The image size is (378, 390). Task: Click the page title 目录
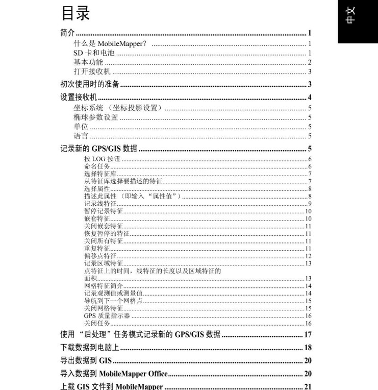[75, 14]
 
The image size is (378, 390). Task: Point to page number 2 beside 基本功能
[310, 62]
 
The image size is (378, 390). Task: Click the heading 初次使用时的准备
[90, 84]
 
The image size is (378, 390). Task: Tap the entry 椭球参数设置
[96, 117]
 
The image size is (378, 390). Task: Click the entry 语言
[81, 136]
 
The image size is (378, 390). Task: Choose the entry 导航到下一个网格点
[113, 301]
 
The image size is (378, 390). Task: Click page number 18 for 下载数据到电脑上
[308, 348]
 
